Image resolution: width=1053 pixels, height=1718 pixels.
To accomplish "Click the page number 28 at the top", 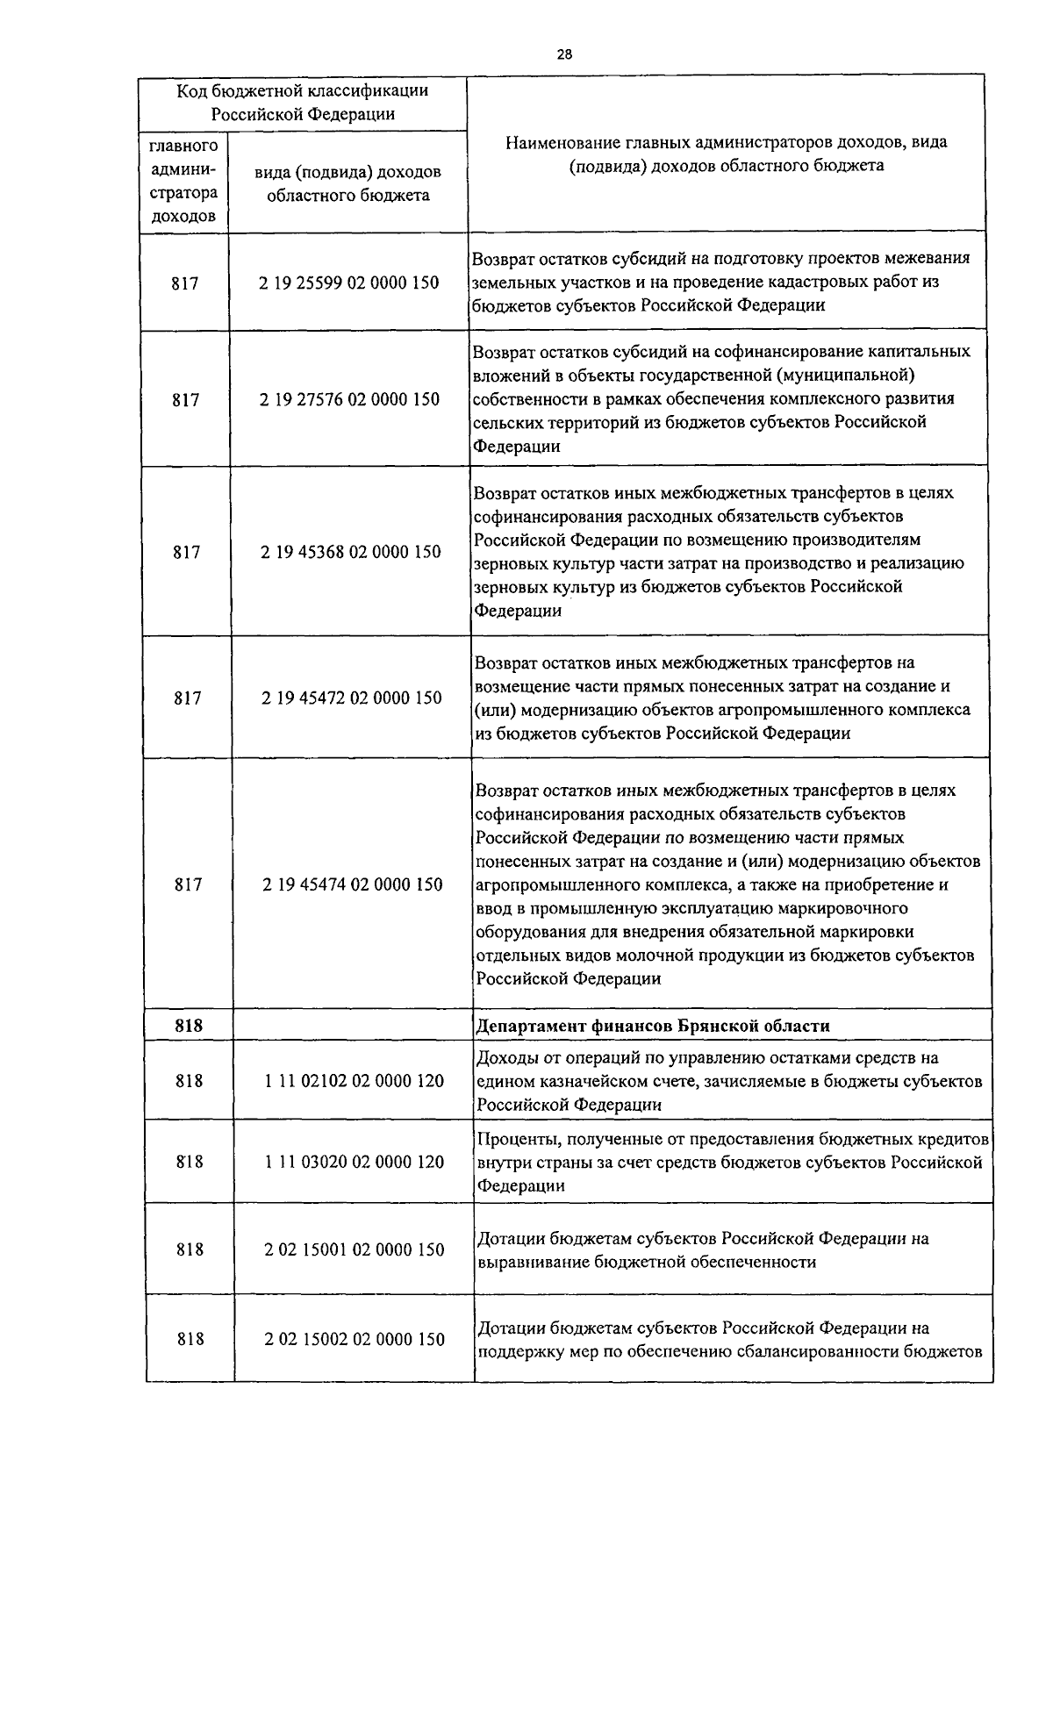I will click(564, 54).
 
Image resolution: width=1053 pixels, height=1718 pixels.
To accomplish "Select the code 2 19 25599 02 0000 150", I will click(348, 283).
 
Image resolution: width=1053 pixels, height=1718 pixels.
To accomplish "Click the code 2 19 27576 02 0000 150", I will click(349, 399).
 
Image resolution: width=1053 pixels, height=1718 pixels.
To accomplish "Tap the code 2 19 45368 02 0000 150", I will click(351, 552).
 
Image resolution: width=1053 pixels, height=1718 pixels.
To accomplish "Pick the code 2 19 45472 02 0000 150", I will click(351, 698).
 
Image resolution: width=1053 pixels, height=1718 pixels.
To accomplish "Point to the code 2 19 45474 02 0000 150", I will click(352, 884).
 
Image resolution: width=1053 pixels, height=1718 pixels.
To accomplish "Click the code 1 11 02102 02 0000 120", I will click(354, 1081).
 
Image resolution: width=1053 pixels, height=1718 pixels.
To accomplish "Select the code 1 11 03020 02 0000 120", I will click(354, 1162).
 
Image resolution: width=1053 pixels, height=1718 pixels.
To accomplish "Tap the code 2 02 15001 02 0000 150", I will click(355, 1249).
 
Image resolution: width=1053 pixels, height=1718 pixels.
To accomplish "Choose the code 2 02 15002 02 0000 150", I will click(355, 1339).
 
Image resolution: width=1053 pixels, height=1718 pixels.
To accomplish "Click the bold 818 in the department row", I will click(189, 1026).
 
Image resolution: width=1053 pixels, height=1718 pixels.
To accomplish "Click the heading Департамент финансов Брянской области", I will click(652, 1026).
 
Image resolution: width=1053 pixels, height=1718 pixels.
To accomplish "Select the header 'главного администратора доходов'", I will click(183, 180).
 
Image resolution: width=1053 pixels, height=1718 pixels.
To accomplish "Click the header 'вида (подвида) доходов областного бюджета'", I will click(347, 183).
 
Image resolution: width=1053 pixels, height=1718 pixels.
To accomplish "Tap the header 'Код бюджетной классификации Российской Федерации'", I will click(303, 102).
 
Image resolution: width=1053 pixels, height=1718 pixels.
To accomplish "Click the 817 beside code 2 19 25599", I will click(185, 283).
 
